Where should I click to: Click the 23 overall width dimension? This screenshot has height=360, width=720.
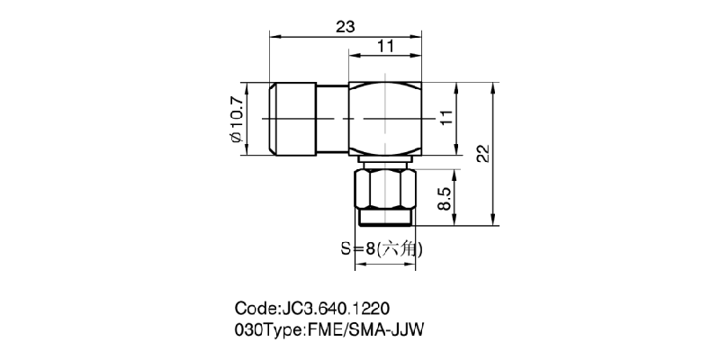344,26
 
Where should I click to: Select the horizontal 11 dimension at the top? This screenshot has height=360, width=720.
384,46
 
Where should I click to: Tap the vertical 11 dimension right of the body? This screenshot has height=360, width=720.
445,118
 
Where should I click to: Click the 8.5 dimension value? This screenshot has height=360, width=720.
445,198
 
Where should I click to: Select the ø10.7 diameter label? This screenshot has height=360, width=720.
236,119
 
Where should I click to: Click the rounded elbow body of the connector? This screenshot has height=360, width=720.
385,118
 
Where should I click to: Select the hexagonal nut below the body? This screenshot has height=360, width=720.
385,188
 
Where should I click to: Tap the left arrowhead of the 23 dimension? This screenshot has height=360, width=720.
274,37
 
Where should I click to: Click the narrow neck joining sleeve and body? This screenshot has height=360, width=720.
330,119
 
